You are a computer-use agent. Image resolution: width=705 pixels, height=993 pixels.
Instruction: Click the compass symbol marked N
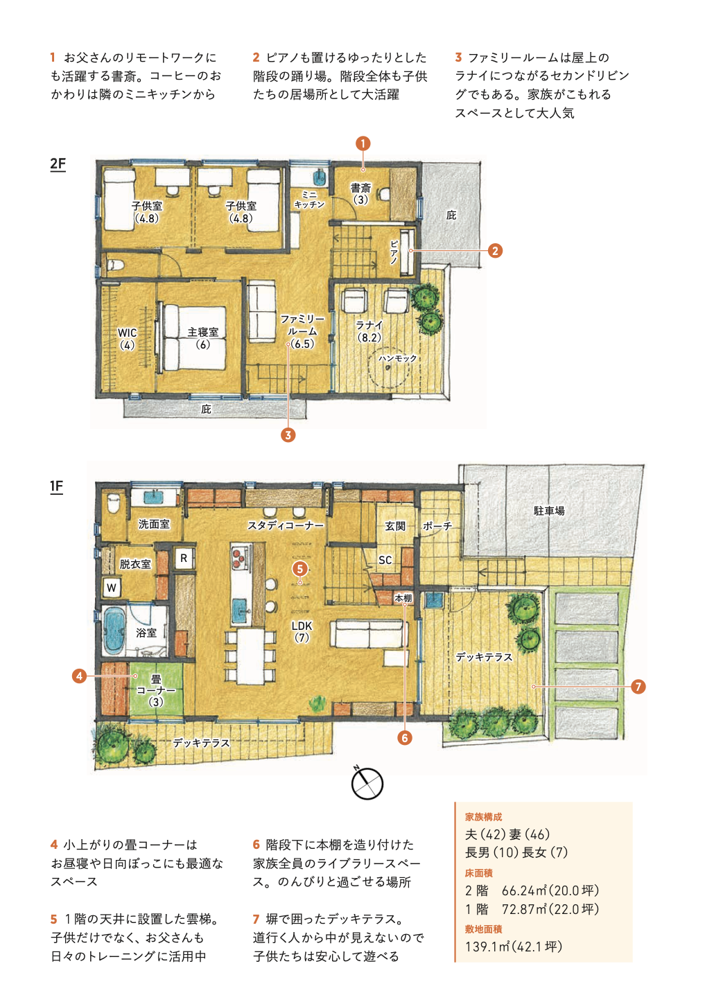(367, 783)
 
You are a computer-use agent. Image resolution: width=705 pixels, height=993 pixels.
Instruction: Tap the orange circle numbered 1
(363, 143)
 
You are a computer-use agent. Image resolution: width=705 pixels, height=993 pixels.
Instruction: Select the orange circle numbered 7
(638, 687)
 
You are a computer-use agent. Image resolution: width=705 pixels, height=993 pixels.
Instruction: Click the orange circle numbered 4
(79, 676)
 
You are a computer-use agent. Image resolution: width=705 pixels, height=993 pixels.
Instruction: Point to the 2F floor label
(58, 164)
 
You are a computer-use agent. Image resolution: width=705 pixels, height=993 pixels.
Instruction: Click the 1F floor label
(56, 486)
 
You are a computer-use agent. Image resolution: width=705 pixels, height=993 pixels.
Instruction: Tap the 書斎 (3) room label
(360, 194)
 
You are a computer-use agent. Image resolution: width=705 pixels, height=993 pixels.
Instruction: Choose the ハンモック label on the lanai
(397, 358)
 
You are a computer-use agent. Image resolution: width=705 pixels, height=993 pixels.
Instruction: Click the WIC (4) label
(128, 339)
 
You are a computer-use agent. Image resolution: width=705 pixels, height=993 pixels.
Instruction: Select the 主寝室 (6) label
(202, 338)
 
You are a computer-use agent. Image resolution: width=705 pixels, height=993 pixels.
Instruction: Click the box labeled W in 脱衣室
(112, 588)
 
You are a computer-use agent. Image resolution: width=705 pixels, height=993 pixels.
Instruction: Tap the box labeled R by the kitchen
(184, 559)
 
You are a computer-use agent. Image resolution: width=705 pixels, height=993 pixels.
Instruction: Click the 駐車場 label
(549, 511)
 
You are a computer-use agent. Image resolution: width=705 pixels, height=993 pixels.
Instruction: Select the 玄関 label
(395, 526)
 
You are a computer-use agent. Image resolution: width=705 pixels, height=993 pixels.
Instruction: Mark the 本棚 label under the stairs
(403, 598)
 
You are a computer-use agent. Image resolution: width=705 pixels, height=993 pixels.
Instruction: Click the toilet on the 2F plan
(115, 265)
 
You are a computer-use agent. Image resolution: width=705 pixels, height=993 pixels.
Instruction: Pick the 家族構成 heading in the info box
(483, 816)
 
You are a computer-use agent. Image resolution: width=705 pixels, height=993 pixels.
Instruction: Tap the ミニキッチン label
(309, 200)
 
